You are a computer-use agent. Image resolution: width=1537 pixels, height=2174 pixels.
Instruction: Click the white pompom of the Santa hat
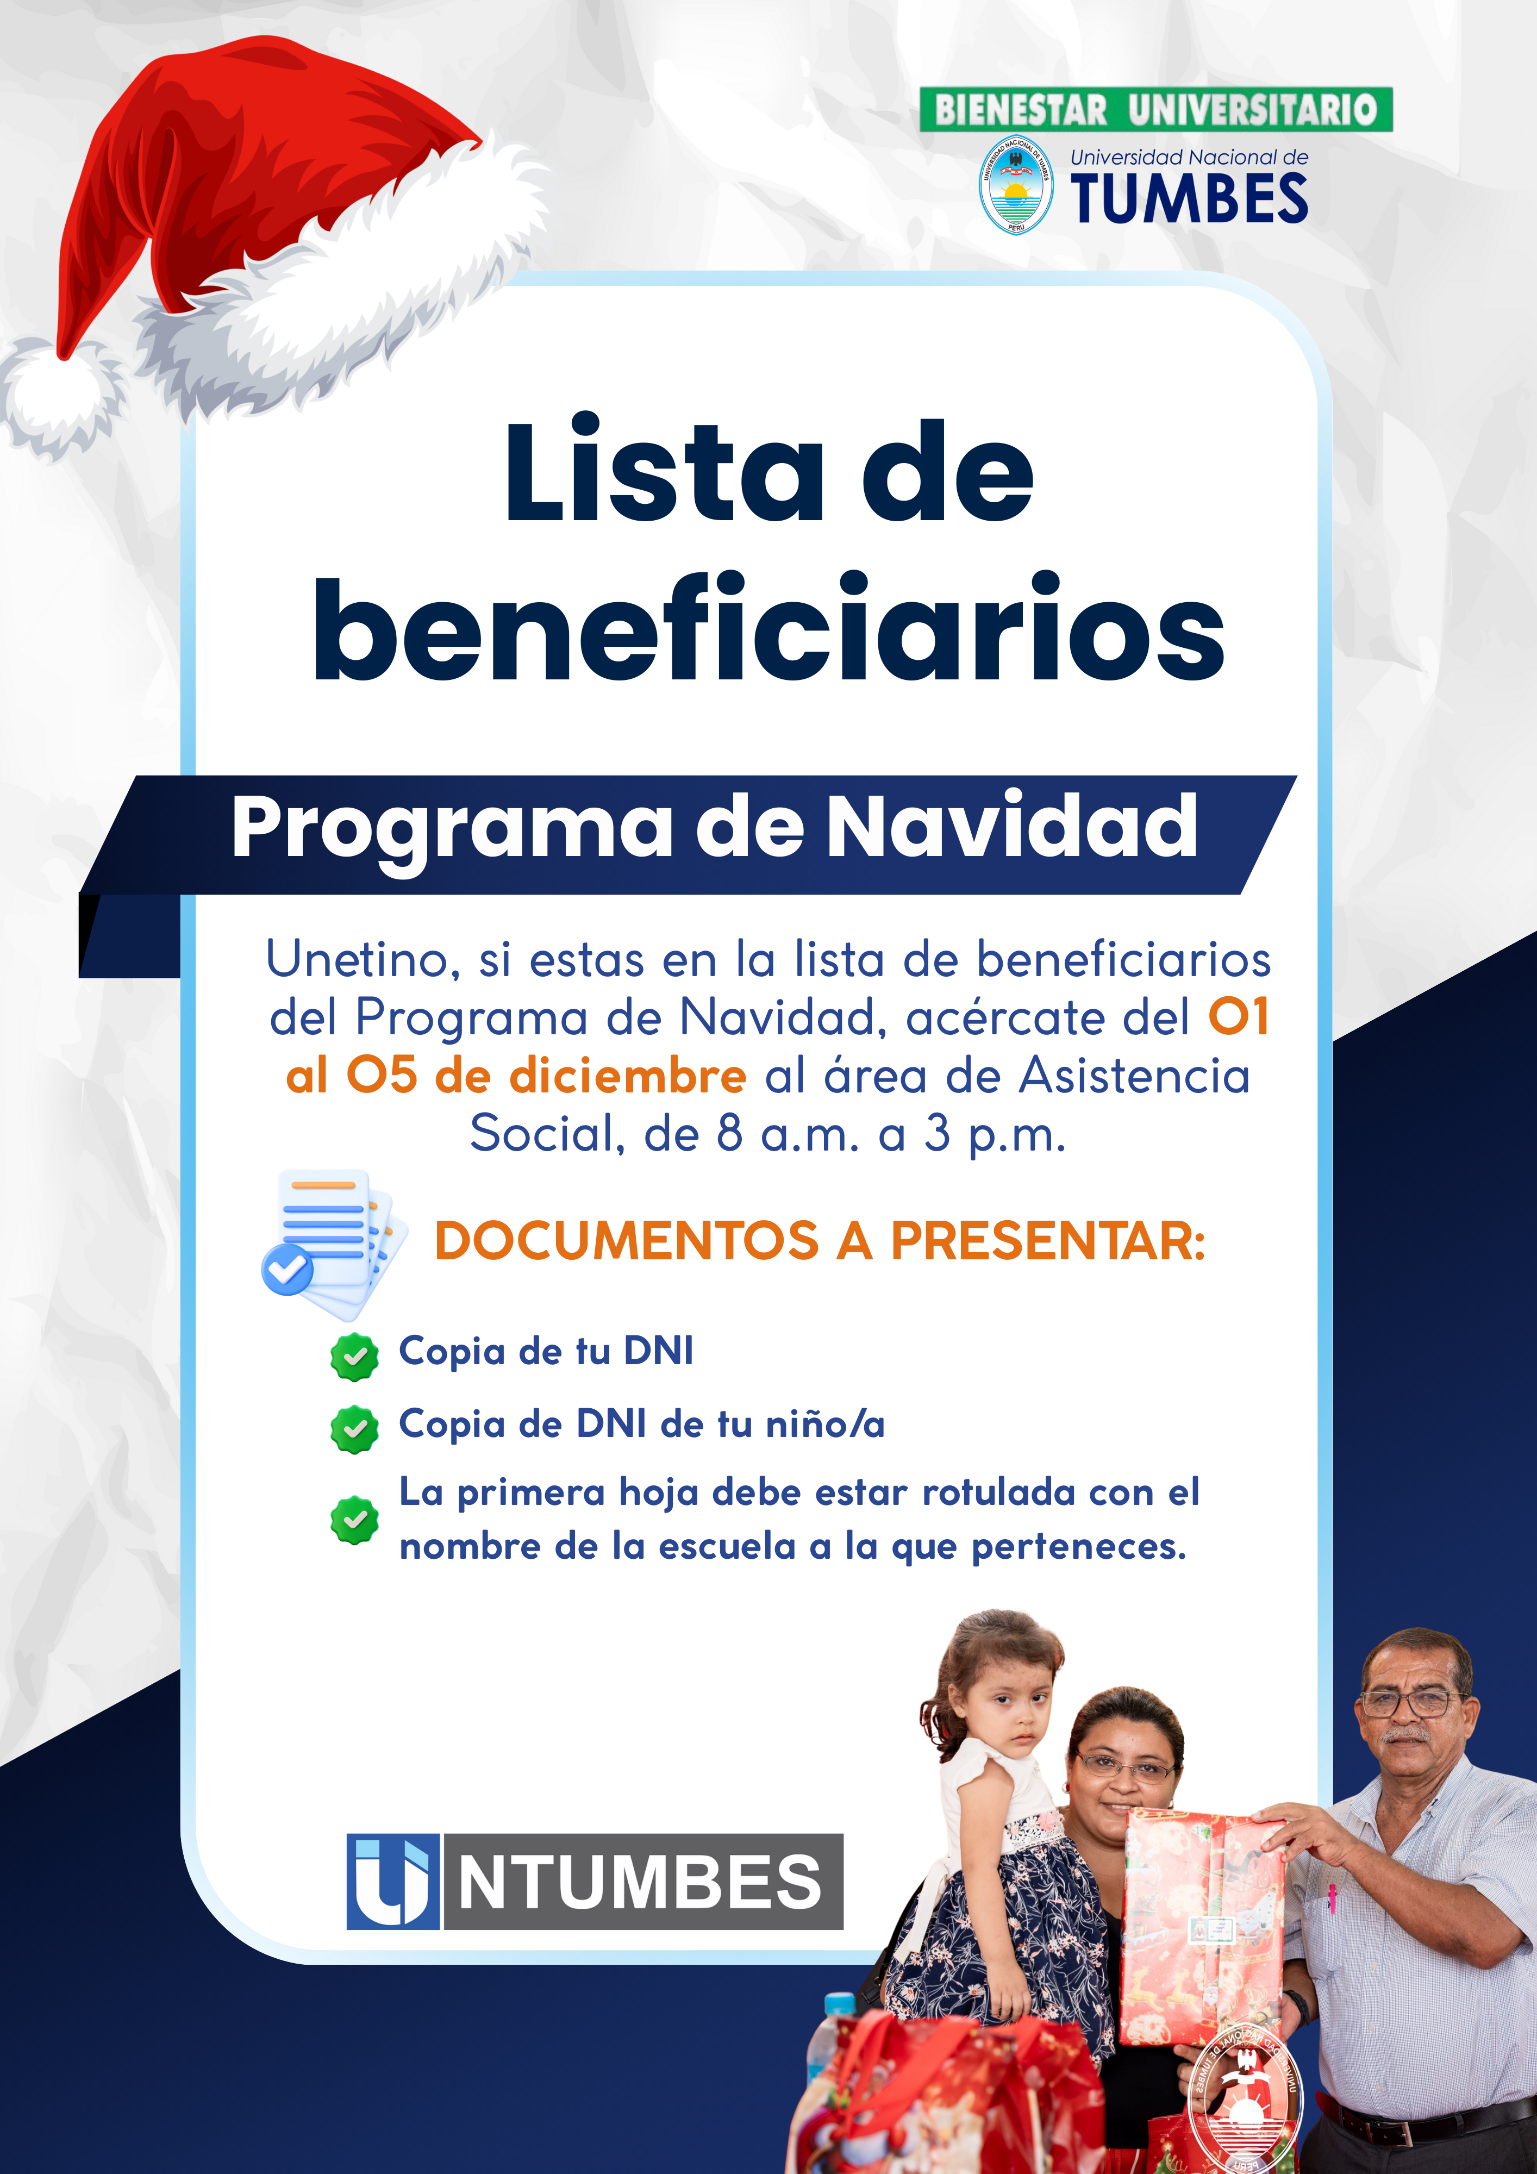59,393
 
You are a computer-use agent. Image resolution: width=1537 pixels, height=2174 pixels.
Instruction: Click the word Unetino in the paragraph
362,960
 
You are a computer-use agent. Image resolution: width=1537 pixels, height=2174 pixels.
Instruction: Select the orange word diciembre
628,1077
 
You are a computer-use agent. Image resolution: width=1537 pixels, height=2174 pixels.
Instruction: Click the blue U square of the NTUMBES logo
392,1882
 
